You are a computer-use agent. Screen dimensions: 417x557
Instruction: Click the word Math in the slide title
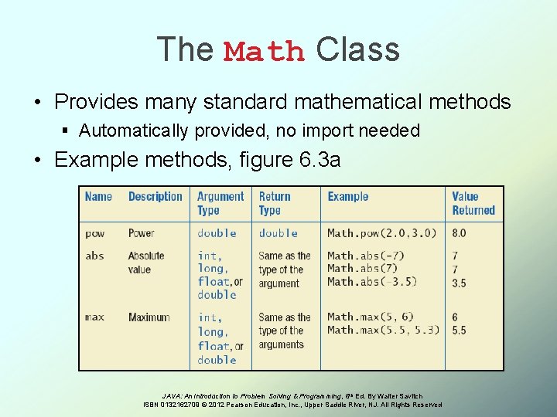[x=264, y=52]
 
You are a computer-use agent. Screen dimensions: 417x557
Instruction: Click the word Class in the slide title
[x=357, y=49]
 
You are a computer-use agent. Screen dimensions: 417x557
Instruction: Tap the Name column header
[x=98, y=197]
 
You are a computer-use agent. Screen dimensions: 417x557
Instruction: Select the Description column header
[x=155, y=197]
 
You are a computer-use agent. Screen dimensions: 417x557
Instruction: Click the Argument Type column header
[x=220, y=203]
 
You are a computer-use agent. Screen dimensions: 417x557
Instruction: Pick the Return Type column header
[x=275, y=203]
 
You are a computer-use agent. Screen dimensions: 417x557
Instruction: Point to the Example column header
[x=347, y=197]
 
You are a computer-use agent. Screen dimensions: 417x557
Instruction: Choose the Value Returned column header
[x=473, y=203]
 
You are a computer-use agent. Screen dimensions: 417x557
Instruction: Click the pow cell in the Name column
[x=94, y=233]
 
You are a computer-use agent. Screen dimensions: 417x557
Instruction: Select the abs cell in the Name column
[x=94, y=256]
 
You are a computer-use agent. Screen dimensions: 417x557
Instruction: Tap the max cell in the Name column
[x=95, y=317]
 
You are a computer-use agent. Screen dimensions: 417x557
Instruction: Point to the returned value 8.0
[x=459, y=233]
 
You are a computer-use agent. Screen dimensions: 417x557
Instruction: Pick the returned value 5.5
[x=459, y=330]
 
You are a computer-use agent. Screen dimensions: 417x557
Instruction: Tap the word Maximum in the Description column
[x=149, y=317]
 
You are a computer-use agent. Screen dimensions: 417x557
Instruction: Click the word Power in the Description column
[x=141, y=233]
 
